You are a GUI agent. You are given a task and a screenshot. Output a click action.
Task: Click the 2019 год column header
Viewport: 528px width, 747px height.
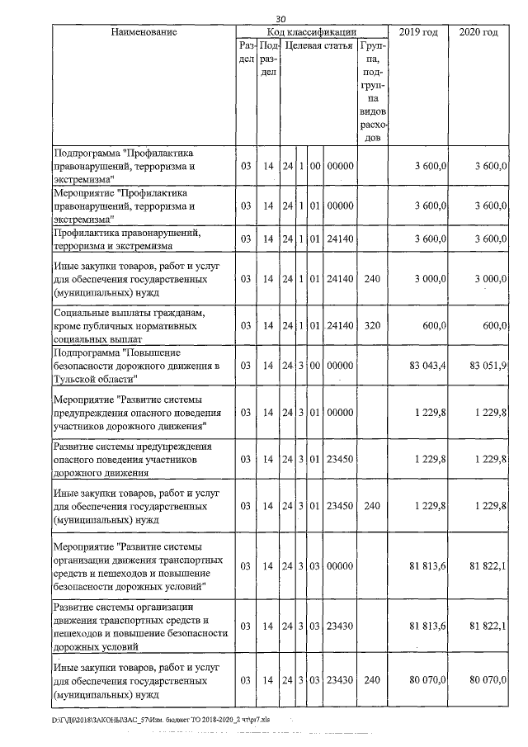click(x=419, y=32)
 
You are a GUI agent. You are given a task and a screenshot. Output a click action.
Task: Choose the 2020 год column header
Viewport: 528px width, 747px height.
click(x=478, y=32)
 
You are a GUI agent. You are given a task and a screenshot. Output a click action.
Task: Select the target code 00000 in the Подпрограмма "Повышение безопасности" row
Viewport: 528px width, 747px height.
click(x=340, y=365)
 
